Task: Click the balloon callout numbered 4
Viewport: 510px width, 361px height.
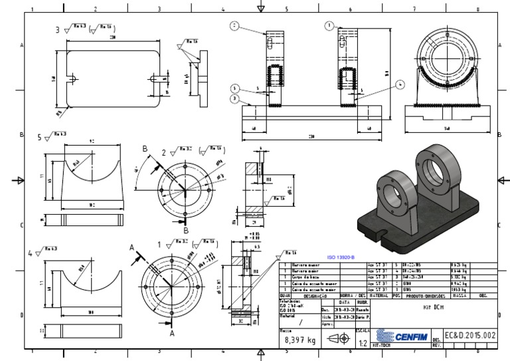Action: [400, 84]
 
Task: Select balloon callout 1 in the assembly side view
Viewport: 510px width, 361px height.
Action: [329, 25]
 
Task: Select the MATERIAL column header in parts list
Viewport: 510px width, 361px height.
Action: [379, 295]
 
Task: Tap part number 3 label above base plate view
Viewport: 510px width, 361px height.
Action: [58, 29]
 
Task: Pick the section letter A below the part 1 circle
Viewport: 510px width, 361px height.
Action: [172, 334]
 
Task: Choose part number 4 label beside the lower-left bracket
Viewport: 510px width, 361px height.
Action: [30, 254]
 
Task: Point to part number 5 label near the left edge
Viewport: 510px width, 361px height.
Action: [39, 137]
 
